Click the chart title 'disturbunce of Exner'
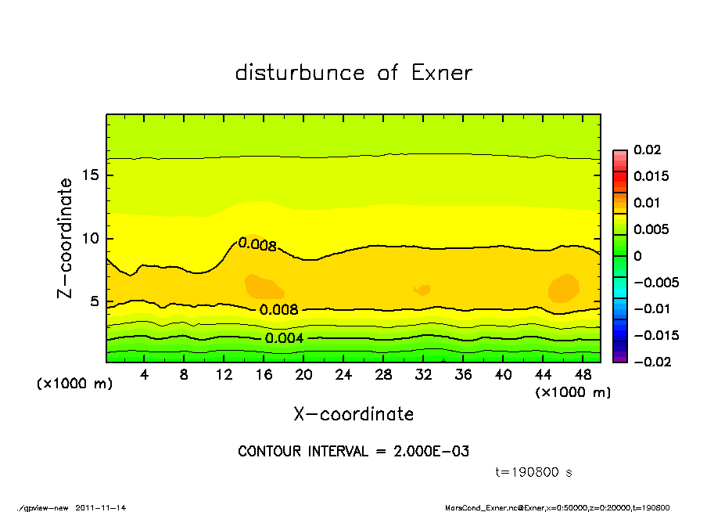pos(353,73)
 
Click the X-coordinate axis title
pos(353,414)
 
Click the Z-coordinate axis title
pos(66,238)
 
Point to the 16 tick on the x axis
pos(264,375)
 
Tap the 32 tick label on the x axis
pos(423,375)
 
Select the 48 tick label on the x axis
pos(582,375)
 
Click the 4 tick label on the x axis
pos(145,375)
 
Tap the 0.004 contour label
pos(284,338)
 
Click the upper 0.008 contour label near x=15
pos(257,245)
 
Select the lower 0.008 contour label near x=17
pos(279,309)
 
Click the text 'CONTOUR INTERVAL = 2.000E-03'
pos(353,452)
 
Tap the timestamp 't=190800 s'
pos(534,472)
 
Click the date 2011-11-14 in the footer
pos(101,507)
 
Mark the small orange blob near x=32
pos(423,290)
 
